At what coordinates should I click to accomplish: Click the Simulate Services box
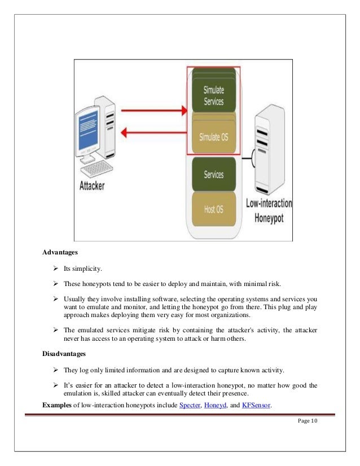(213, 96)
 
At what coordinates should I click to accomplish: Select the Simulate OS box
(213, 137)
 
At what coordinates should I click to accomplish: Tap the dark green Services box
(213, 175)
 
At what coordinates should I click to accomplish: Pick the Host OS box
(213, 209)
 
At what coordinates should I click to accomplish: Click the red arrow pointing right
(153, 112)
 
